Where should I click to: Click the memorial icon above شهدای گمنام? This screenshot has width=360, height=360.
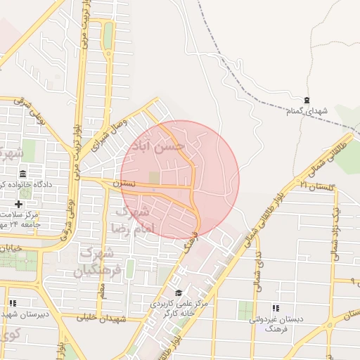tap(306, 101)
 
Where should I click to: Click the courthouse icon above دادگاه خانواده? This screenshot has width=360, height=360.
tap(22, 174)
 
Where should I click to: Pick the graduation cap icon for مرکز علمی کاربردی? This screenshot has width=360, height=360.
tap(179, 293)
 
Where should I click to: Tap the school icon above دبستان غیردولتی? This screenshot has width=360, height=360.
tap(275, 309)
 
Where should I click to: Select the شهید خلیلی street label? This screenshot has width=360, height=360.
tap(98, 318)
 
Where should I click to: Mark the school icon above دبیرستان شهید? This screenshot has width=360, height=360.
tap(12, 303)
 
